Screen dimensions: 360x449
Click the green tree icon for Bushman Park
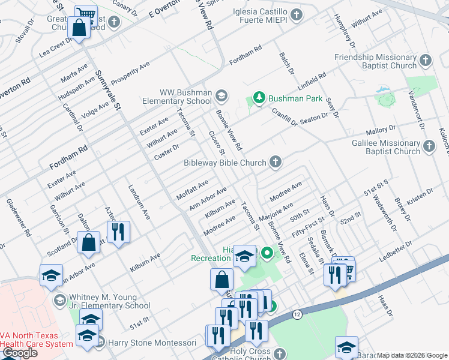pos(259,98)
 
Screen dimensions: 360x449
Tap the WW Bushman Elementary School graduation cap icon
pos(221,95)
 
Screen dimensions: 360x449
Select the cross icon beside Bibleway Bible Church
pos(275,162)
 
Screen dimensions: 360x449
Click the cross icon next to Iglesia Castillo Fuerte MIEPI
pos(295,14)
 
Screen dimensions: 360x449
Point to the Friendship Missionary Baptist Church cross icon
pos(425,61)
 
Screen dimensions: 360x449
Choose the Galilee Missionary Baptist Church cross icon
pos(429,146)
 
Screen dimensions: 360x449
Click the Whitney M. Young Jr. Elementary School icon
pos(59,299)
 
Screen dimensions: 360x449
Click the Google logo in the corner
pos(20,353)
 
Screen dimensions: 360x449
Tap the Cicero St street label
pos(215,142)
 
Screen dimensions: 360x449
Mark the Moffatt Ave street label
pos(192,189)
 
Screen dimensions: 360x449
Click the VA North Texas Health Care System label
pos(36,340)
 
